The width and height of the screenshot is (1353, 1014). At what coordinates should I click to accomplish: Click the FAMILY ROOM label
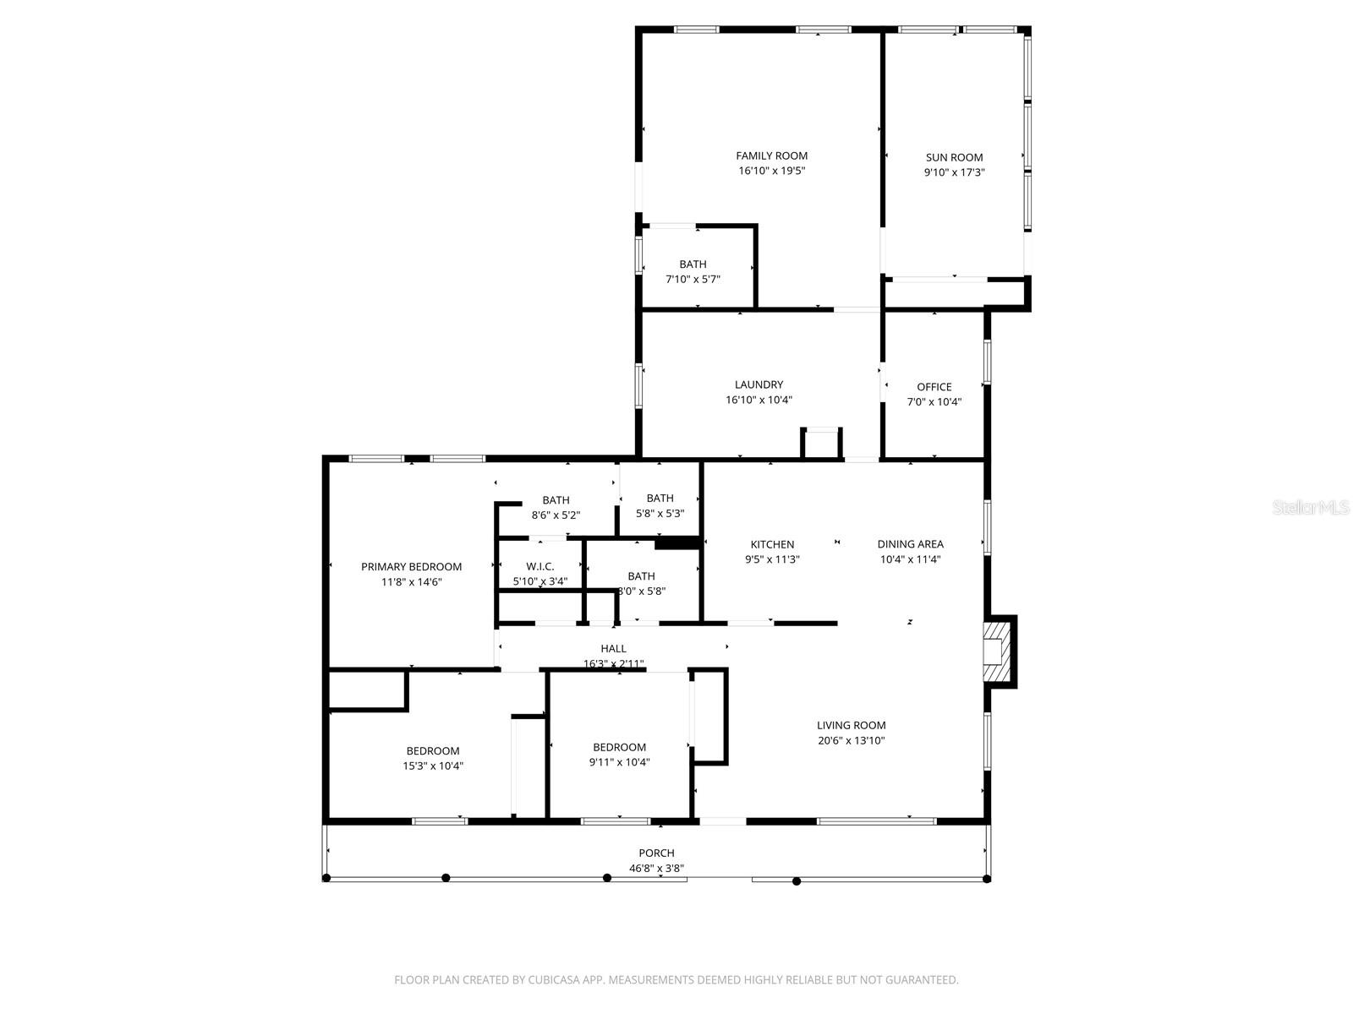(x=771, y=155)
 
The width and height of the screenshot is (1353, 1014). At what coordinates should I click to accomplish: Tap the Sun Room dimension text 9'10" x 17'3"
(x=954, y=172)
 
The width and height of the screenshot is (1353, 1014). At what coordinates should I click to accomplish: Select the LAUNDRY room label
(x=759, y=384)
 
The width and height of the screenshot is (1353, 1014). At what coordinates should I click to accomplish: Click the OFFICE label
(x=934, y=387)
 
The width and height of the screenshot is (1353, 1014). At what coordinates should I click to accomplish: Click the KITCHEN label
(x=772, y=544)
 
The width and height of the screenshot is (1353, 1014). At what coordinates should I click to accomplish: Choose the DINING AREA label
(x=910, y=544)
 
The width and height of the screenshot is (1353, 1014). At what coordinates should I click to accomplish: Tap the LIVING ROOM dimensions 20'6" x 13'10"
(x=851, y=740)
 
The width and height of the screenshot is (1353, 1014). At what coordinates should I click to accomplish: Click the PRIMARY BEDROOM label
(x=411, y=567)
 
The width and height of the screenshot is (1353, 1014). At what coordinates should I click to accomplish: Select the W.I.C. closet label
(x=540, y=566)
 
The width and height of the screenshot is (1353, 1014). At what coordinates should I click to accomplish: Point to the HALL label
(x=613, y=649)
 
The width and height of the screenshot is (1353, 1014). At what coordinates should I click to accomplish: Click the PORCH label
(x=656, y=853)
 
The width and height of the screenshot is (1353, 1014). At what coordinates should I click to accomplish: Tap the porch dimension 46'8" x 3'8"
(x=656, y=868)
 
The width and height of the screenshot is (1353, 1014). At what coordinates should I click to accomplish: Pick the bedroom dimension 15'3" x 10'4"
(x=433, y=766)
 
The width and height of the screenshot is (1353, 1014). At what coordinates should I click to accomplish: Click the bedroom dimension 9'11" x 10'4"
(x=619, y=762)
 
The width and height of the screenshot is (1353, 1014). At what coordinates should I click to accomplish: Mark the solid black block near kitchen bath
(x=677, y=543)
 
